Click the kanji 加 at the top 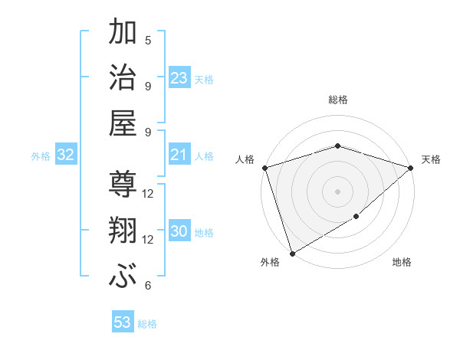pos(123,34)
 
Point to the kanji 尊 pos(123,187)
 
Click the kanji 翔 pos(123,233)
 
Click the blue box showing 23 pos(179,78)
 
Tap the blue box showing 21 pos(179,155)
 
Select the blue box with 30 pos(179,232)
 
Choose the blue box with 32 pos(66,155)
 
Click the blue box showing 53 pos(123,322)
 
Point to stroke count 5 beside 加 pos(148,40)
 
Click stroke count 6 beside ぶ pos(148,286)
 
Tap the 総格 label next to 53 pos(147,324)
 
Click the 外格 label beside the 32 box pos(41,156)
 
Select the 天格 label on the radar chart pos(432,159)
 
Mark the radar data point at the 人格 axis pos(264,168)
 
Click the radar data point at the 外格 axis pos(292,253)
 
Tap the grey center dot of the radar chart pos(337,191)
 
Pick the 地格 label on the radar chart pos(402,263)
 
